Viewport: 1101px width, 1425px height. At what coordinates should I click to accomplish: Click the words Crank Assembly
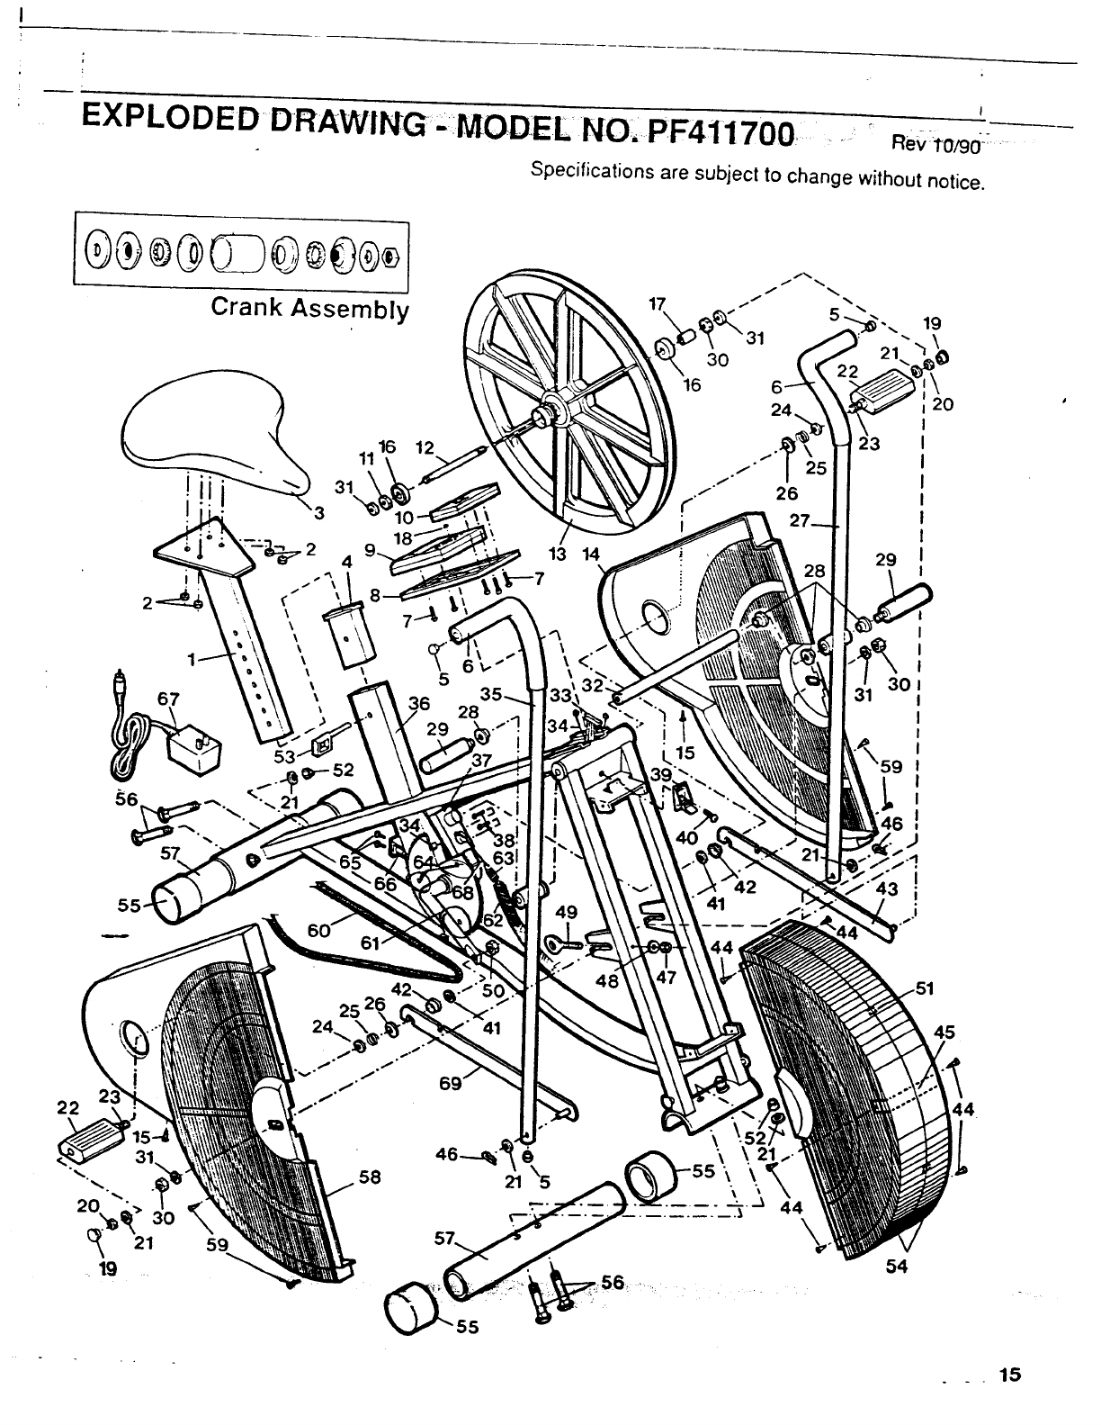309,308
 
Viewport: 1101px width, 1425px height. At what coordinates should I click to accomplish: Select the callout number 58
370,1177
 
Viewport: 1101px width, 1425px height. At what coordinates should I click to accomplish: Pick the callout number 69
451,1084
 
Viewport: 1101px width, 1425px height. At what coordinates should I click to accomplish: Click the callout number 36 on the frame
419,704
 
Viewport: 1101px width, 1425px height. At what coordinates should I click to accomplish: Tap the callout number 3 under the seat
318,514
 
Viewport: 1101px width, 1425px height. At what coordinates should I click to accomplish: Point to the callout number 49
566,912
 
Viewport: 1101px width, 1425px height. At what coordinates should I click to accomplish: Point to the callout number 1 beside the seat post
191,660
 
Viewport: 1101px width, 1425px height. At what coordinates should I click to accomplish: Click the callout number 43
886,888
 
